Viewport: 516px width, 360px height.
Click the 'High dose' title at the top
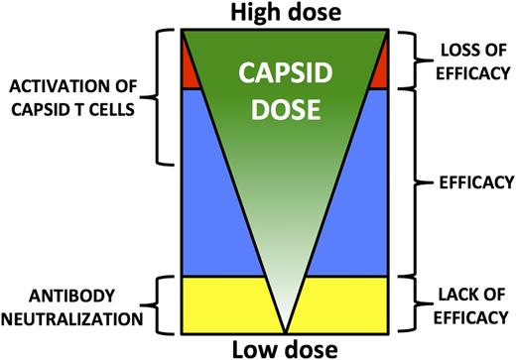pos(286,13)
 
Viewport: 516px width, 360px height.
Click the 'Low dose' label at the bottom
pos(285,348)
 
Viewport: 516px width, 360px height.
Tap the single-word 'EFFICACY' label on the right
pos(463,182)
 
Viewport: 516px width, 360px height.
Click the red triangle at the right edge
pos(380,71)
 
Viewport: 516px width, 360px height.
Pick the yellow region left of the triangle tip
pos(223,302)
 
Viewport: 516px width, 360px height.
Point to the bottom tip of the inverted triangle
pos(285,329)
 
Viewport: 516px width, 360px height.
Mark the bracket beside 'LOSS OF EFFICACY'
pos(410,58)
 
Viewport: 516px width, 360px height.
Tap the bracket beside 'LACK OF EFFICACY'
pos(410,302)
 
